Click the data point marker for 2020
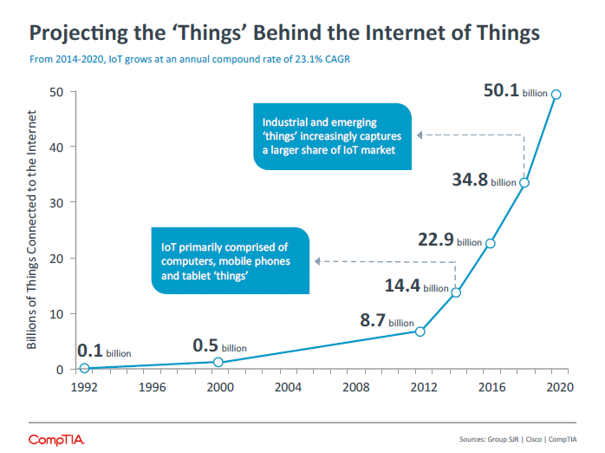pos(556,95)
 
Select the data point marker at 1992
pos(84,368)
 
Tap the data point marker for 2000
pos(218,362)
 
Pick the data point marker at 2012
pos(420,332)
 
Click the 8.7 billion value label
pos(387,321)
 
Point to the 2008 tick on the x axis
pos(354,388)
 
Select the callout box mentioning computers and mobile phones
pos(229,261)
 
